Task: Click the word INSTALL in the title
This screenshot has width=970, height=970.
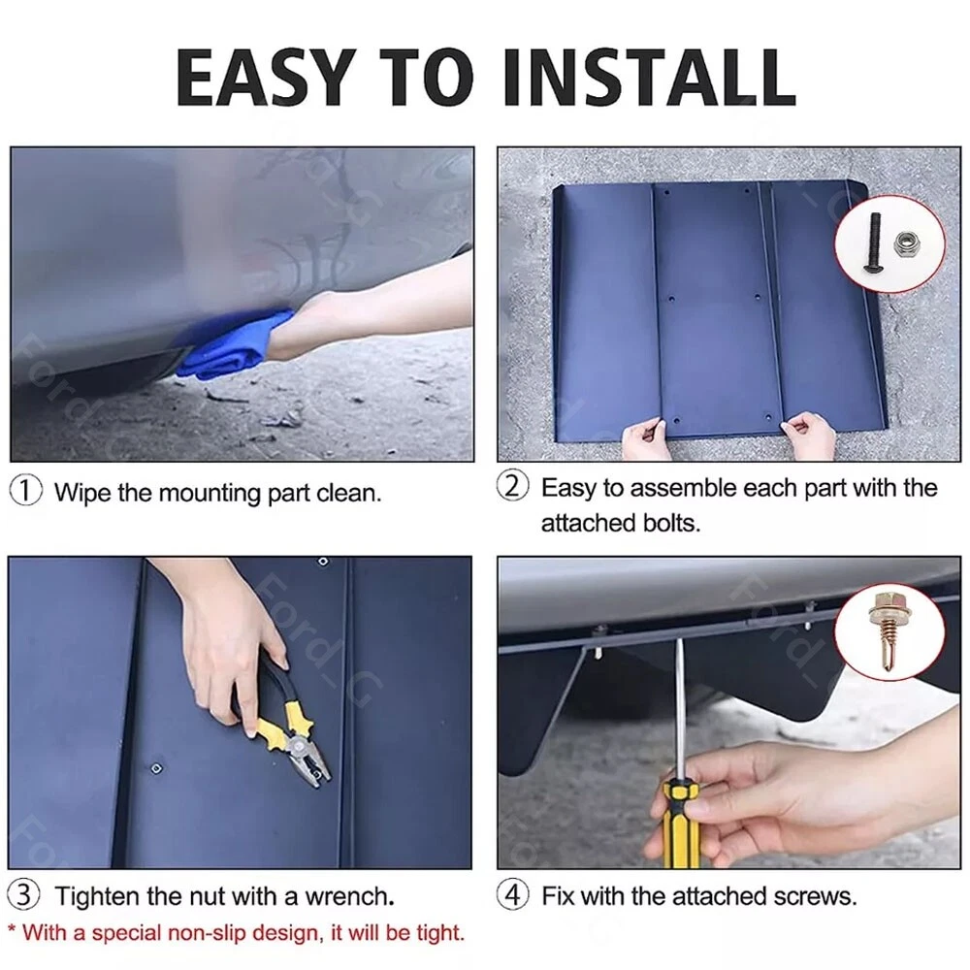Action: pos(650,78)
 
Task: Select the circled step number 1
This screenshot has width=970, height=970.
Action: pos(26,491)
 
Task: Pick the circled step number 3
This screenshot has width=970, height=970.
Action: pos(23,894)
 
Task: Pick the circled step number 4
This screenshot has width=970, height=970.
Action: pos(513,894)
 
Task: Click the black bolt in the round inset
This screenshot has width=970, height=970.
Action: pos(874,242)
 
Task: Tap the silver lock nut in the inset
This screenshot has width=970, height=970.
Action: pos(906,243)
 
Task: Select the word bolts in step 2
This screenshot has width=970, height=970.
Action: pos(671,524)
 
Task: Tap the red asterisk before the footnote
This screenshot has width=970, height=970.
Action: pos(12,929)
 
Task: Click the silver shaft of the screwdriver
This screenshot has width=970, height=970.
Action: pos(680,710)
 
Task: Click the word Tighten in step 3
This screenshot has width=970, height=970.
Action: pos(96,896)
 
